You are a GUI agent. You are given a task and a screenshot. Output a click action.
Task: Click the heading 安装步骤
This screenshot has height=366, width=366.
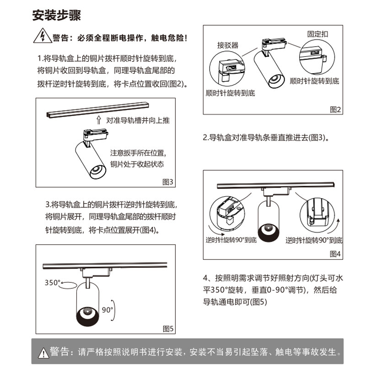click(x=57, y=16)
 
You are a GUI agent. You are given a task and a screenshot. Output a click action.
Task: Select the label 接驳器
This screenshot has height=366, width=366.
click(x=228, y=46)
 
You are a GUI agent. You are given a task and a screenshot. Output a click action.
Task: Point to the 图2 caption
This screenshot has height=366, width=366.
click(x=335, y=109)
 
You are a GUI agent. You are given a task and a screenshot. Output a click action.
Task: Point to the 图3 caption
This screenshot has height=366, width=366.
click(x=168, y=182)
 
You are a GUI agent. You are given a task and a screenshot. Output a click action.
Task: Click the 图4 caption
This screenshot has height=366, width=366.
click(x=335, y=254)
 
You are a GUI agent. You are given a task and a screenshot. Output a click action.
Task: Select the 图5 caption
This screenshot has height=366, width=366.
click(x=168, y=328)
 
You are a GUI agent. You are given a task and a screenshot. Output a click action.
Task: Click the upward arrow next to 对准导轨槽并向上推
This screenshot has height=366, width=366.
click(x=99, y=120)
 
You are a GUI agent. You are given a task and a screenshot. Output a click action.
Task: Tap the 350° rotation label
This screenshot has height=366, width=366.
click(x=53, y=282)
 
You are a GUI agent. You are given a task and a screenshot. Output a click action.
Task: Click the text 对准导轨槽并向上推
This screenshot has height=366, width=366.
click(x=138, y=120)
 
